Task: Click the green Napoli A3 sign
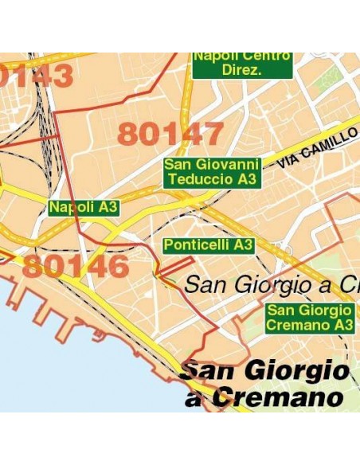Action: tap(84, 208)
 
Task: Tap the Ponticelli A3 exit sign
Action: tap(209, 245)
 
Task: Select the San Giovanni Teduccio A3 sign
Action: tap(212, 172)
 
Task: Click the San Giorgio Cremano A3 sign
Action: tap(309, 318)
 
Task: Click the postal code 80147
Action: tap(170, 134)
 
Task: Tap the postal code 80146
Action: tap(75, 266)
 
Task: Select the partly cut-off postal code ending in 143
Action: tap(37, 76)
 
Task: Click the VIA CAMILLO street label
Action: tap(317, 148)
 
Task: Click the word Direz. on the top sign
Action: tap(243, 70)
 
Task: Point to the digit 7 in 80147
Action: tap(210, 134)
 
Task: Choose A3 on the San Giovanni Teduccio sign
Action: tap(248, 180)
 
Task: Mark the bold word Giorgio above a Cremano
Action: tap(299, 370)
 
